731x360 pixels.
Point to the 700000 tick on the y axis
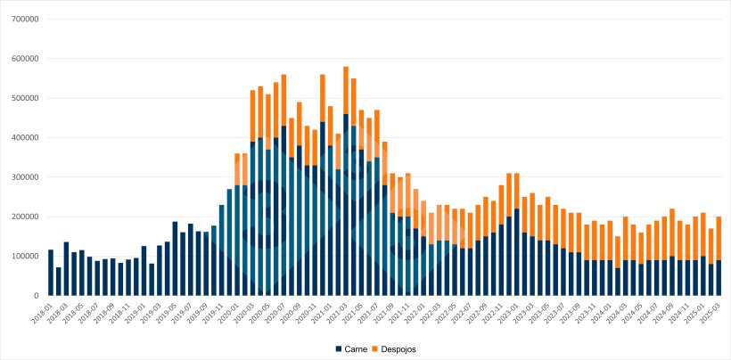pos(24,19)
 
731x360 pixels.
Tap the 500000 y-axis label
pos(24,98)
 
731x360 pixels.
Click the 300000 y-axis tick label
pos(24,177)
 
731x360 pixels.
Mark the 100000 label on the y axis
pos(24,256)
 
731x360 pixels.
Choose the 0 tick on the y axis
pos(36,296)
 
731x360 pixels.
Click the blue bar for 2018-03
pos(66,268)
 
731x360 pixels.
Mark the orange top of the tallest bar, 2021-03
pos(346,90)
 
